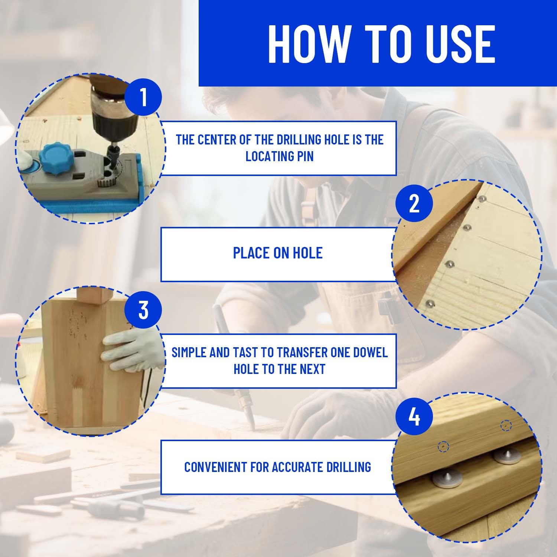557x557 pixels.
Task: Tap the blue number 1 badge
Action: (x=143, y=97)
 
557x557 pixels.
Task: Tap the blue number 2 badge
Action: (x=414, y=203)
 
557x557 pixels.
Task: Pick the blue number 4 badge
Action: (x=414, y=416)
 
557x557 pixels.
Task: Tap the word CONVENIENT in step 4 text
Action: (x=215, y=467)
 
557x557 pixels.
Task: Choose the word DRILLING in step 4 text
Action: (x=349, y=467)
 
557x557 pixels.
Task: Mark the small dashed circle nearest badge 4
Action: (x=443, y=447)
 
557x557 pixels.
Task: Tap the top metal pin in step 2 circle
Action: (x=482, y=199)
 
